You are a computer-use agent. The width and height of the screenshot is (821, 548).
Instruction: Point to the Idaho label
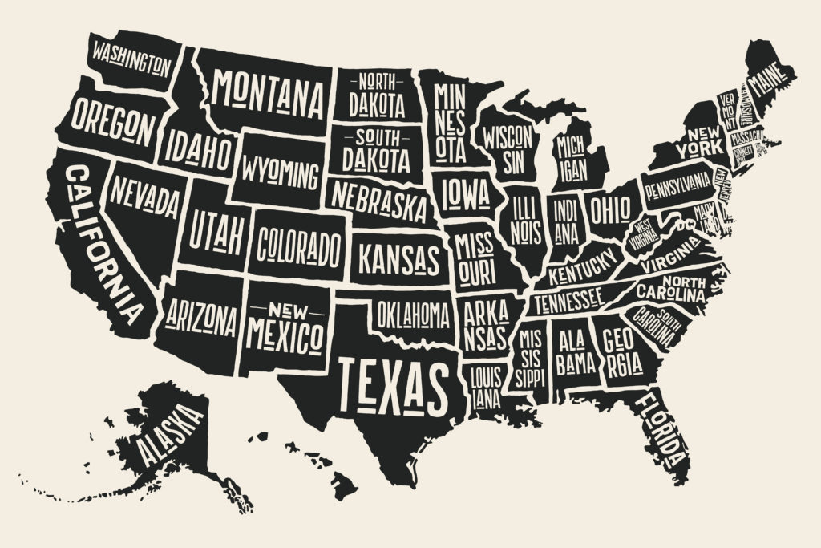click(200, 150)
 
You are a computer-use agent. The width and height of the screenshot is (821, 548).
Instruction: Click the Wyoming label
click(279, 172)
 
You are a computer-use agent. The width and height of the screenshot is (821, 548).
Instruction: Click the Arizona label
click(200, 319)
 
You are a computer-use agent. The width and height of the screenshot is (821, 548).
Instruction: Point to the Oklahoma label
click(413, 314)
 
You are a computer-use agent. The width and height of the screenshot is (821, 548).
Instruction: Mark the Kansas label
click(398, 259)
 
